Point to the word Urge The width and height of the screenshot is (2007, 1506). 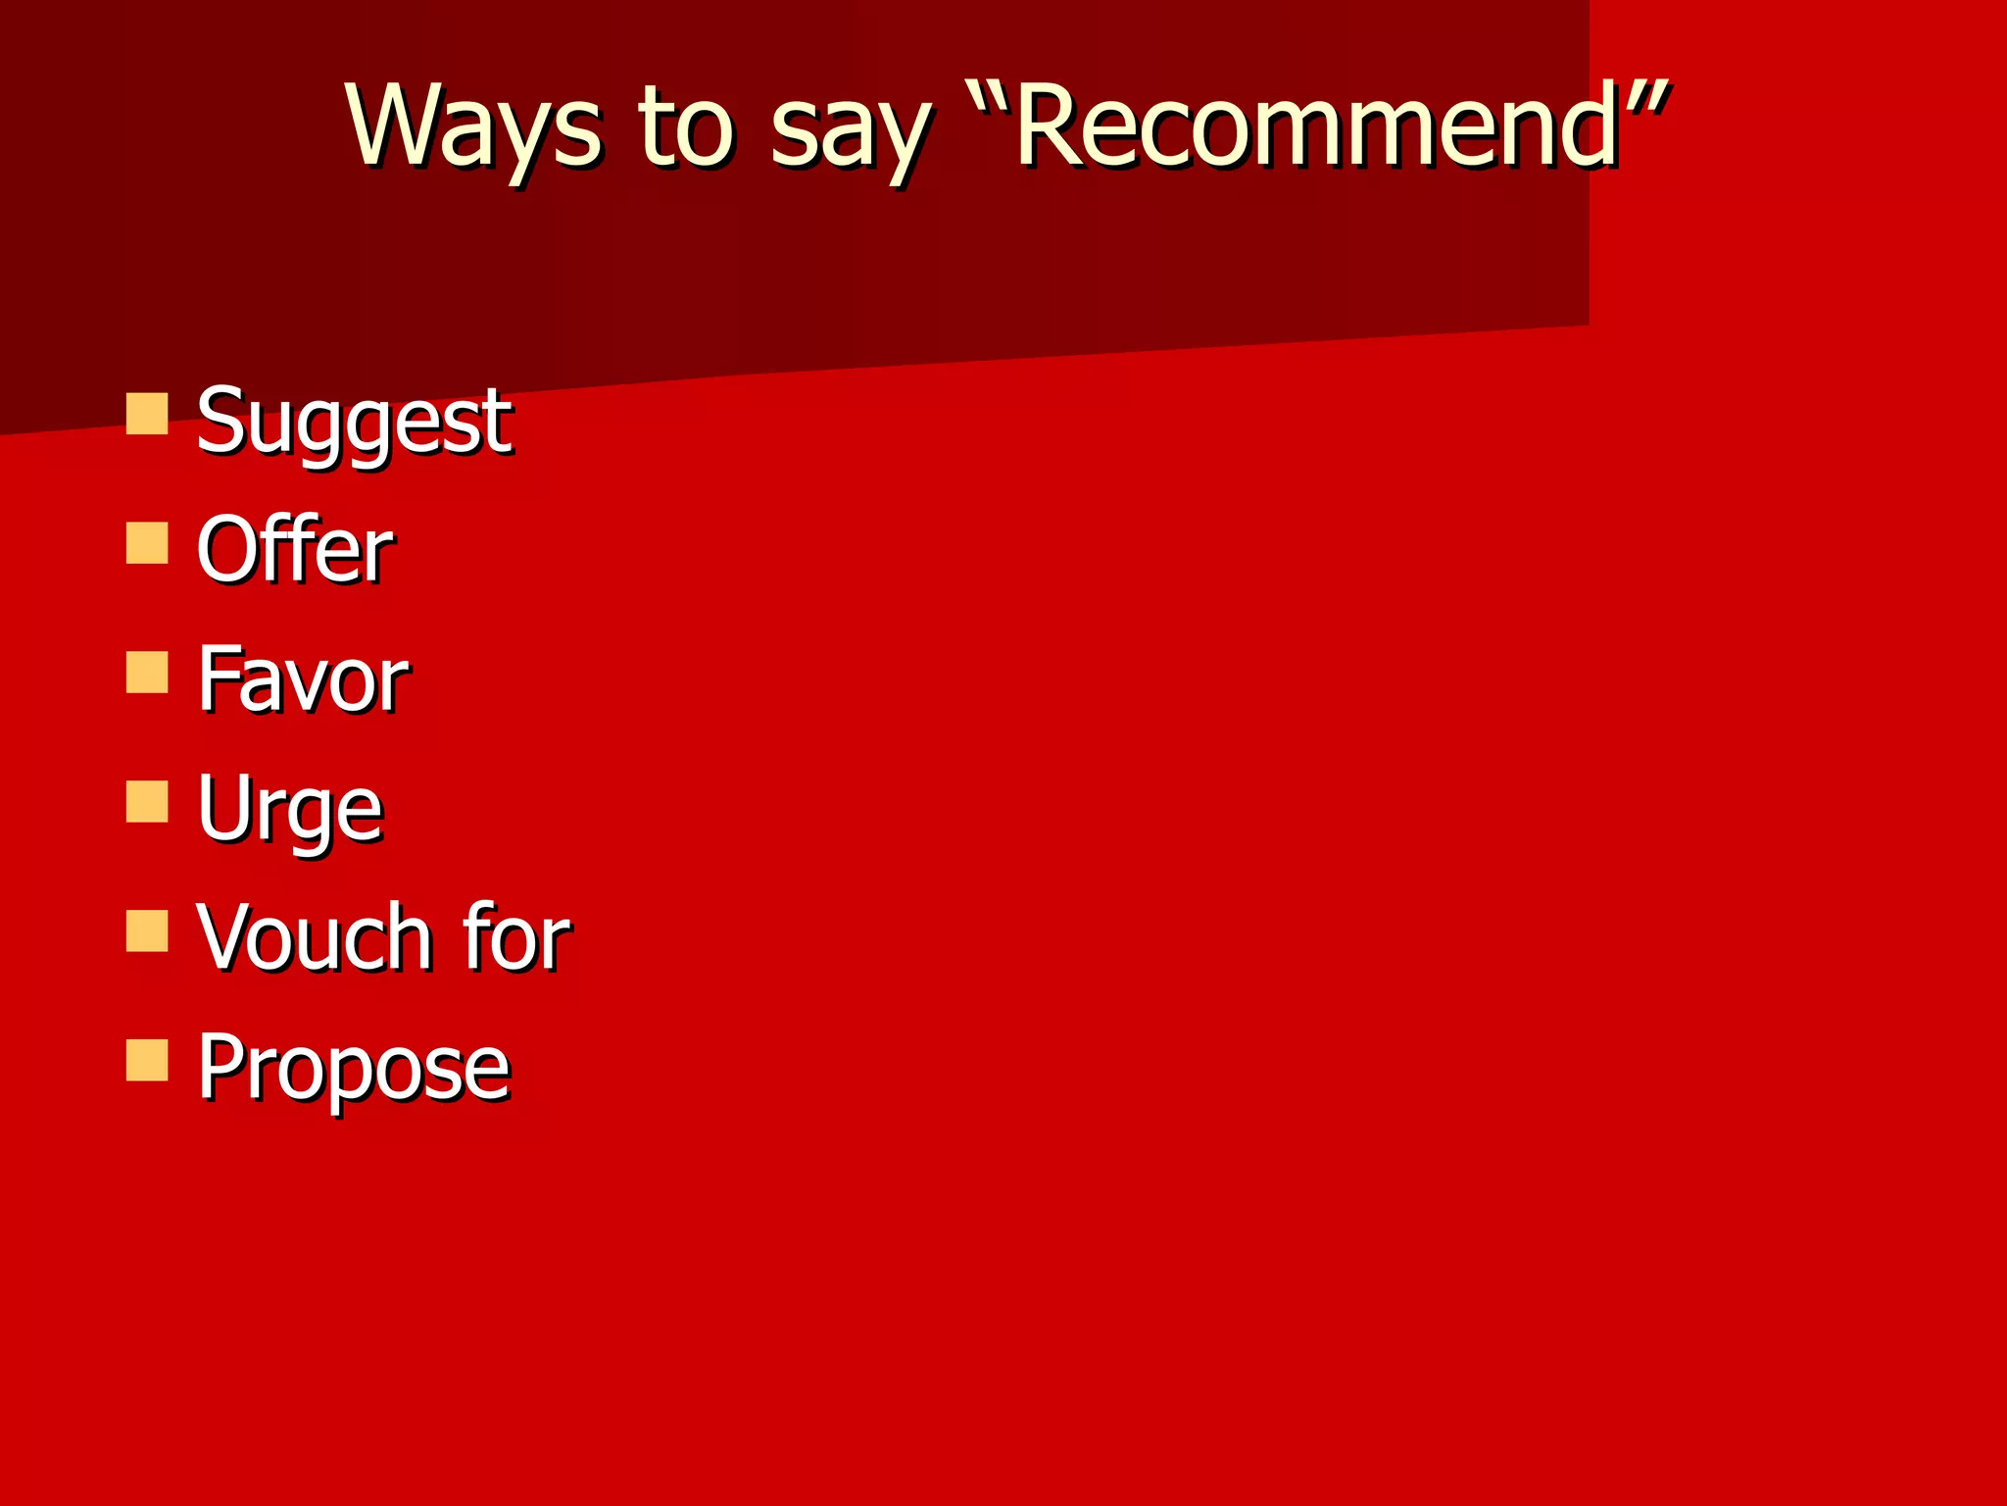(289, 809)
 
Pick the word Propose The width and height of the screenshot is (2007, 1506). (353, 1069)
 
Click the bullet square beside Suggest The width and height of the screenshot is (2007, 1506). (147, 413)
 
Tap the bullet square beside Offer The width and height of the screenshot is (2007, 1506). (147, 542)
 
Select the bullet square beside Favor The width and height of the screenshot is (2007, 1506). (147, 672)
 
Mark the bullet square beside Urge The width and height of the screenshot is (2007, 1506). (147, 801)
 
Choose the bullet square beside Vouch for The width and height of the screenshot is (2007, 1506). (147, 930)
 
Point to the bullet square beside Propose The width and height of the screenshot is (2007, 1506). (147, 1060)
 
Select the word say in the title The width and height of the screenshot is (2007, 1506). (849, 132)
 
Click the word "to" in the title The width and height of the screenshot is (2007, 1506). (685, 127)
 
